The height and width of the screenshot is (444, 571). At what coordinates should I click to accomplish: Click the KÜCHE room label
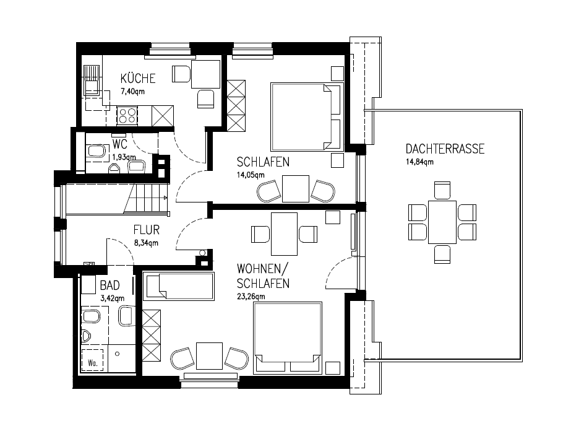138,78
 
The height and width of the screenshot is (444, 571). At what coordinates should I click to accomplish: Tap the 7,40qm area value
132,92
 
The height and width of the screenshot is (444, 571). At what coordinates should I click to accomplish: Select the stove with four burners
127,116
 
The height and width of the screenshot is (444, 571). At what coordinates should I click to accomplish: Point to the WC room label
120,144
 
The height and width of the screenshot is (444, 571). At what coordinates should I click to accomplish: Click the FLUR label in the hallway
147,230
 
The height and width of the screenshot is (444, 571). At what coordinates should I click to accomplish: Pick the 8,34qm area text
147,243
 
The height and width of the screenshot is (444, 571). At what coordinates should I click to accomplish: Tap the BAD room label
109,285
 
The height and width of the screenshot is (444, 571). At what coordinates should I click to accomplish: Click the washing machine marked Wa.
93,360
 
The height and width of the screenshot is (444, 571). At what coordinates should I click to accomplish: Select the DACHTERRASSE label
445,149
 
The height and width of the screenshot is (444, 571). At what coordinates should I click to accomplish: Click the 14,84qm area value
420,162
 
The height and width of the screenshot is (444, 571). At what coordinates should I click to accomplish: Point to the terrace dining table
442,222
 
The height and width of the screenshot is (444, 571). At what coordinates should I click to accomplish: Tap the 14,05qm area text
251,175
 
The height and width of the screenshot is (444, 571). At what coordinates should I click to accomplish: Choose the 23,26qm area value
251,297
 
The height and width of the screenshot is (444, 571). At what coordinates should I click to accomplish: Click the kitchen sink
92,81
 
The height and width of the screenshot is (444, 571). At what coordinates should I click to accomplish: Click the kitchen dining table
206,74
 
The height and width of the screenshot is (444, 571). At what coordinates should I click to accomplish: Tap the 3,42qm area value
112,298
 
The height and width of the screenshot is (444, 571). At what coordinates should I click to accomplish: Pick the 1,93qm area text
124,157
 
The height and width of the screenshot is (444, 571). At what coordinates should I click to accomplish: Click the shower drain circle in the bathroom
118,354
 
